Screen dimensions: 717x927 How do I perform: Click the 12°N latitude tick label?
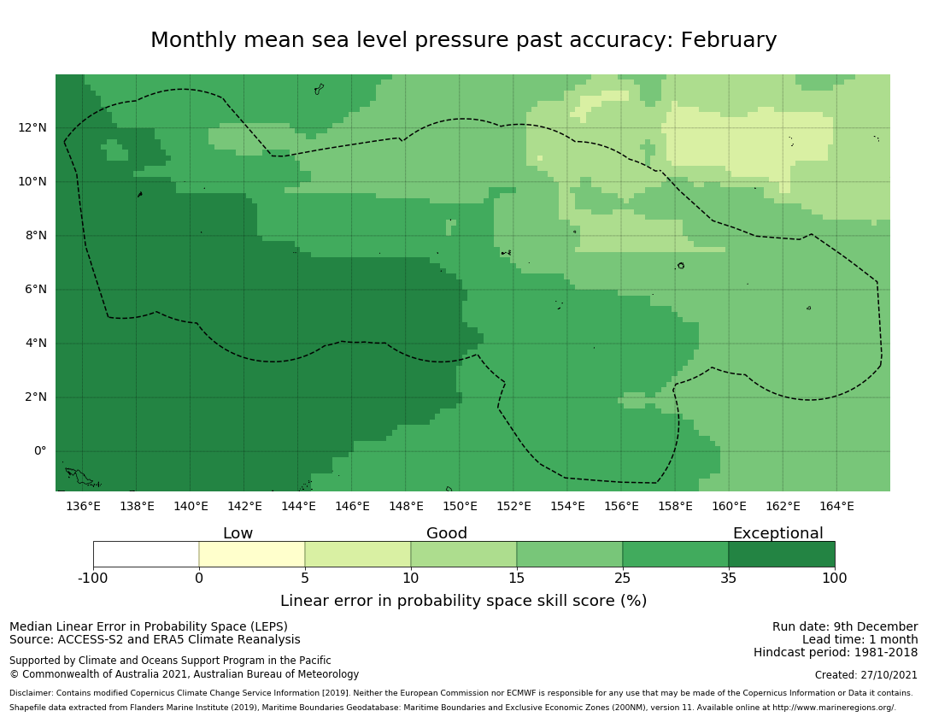(32, 128)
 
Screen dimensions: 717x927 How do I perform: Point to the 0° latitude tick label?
(39, 451)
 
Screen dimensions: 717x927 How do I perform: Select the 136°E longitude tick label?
(83, 506)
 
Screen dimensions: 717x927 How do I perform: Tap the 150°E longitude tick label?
(460, 506)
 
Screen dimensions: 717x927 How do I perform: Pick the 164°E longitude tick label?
(836, 506)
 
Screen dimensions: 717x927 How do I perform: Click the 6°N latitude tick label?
(35, 290)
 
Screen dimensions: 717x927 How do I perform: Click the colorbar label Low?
(238, 533)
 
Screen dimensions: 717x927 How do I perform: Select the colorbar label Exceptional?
(777, 533)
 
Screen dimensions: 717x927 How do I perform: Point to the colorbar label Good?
(447, 533)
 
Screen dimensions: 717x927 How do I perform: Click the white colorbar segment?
(146, 554)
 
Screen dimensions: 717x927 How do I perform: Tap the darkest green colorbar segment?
(782, 554)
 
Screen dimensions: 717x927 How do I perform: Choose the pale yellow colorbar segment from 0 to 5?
(252, 554)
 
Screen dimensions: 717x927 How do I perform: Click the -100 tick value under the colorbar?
(93, 578)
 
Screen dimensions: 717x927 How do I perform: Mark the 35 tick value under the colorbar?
(729, 578)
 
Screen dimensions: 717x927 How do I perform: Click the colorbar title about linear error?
(463, 601)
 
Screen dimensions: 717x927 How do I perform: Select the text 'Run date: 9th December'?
(845, 626)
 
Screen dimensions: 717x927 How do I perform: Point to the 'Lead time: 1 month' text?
(860, 639)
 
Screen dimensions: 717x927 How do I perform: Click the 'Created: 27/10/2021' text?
(866, 674)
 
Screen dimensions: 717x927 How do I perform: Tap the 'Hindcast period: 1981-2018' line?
(836, 652)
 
